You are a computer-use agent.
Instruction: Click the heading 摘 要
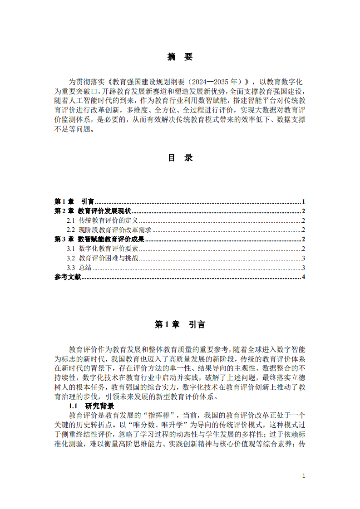[180, 57]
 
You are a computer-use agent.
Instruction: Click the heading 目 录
[180, 157]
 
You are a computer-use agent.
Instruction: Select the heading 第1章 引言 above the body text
[180, 324]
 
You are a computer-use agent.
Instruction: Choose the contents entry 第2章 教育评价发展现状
[93, 211]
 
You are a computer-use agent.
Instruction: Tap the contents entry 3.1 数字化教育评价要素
[102, 249]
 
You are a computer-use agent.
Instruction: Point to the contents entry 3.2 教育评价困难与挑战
[102, 259]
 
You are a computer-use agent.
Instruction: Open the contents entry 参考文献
[68, 277]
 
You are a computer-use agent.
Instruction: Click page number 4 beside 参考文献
[303, 277]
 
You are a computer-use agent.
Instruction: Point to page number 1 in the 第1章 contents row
[303, 201]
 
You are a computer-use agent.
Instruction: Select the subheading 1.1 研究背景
[91, 406]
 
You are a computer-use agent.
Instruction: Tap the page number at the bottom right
[303, 475]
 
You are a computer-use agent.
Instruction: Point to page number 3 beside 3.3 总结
[303, 268]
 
